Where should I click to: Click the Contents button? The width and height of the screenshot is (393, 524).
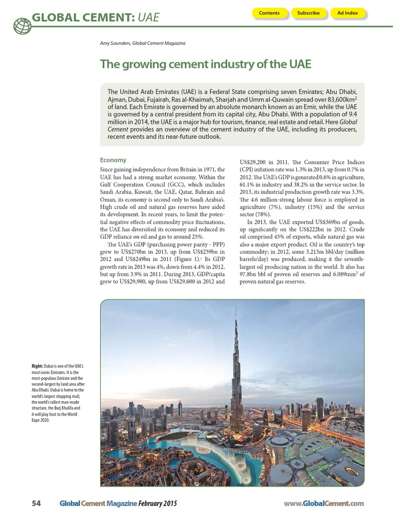[x=269, y=13]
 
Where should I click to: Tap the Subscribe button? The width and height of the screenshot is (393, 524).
[x=309, y=13]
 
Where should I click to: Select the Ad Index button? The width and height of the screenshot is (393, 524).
[x=348, y=13]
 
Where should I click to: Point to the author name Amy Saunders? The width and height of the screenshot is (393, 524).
[x=115, y=43]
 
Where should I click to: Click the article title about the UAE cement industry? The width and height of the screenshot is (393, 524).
[x=205, y=64]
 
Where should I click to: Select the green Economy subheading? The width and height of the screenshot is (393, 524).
[x=113, y=160]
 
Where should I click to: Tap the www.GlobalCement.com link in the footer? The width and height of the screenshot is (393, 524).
[x=323, y=504]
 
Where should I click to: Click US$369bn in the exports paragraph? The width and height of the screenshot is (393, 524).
[x=320, y=222]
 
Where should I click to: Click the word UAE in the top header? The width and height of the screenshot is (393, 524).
[x=148, y=18]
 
